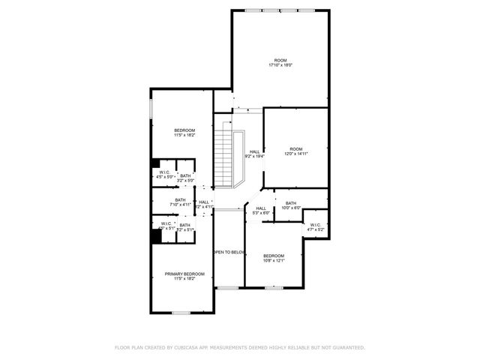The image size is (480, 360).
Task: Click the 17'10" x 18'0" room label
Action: click(280, 63)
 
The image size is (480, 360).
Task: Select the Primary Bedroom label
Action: click(184, 275)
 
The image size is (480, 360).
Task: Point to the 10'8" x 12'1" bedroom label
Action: click(274, 259)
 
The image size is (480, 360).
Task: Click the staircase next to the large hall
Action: click(224, 157)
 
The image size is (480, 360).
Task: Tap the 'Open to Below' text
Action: click(229, 253)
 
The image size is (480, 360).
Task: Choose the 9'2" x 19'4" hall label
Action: click(255, 154)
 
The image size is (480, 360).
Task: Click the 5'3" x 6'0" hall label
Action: click(261, 211)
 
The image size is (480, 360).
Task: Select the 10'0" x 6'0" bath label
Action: click(290, 205)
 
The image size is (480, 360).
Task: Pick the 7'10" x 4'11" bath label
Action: click(181, 202)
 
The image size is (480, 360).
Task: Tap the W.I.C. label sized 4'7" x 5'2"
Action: click(315, 226)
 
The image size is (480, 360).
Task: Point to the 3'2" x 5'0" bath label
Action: click(185, 178)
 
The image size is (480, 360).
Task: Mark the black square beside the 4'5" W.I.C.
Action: click(155, 163)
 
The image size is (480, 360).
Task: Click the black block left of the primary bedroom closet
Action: click(156, 236)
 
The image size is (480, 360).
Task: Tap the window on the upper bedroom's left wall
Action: click(151, 107)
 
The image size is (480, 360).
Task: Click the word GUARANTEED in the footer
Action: click(346, 347)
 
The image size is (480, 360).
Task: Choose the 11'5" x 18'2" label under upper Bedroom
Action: click(184, 136)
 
